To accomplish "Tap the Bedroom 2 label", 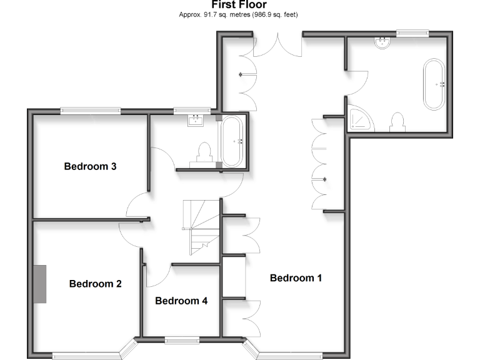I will pos(95,284).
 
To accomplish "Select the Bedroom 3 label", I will pos(91,167).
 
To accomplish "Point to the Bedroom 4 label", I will pos(181,301).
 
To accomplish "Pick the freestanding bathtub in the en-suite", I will pos(435,84).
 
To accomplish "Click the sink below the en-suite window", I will pos(382,42).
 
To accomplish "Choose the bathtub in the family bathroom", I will pos(232,141).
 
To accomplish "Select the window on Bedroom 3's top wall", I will pos(90,111).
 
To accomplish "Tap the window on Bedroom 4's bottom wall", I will pos(182,341).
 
